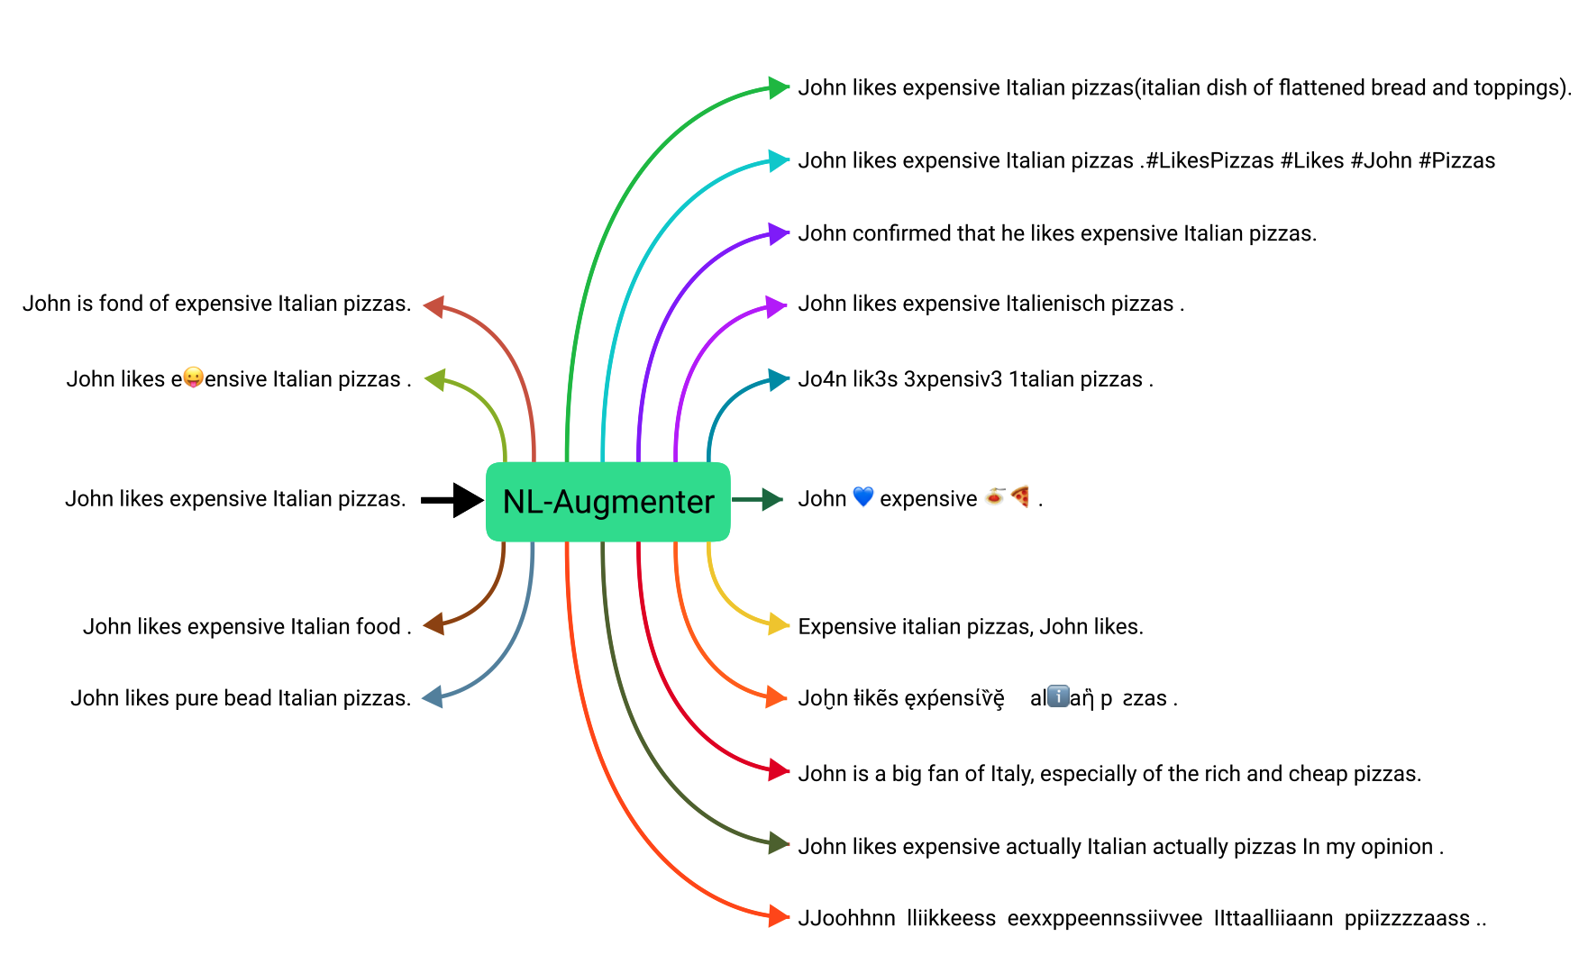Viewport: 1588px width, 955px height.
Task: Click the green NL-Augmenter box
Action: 608,502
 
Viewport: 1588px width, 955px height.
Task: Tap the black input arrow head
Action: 468,500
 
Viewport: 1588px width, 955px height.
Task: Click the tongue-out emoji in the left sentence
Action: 193,377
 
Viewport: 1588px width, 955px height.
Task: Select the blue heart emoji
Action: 863,497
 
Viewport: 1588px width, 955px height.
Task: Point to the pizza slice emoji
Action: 1020,496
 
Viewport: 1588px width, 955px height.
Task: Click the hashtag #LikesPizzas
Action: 1209,161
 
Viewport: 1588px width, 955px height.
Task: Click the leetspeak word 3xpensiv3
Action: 953,379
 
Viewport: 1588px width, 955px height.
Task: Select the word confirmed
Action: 901,234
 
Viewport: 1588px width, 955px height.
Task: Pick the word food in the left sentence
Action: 378,627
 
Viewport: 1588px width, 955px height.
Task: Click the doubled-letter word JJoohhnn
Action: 846,919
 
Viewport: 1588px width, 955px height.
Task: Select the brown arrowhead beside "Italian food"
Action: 434,624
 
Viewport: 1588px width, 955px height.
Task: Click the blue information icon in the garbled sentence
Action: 1059,696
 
